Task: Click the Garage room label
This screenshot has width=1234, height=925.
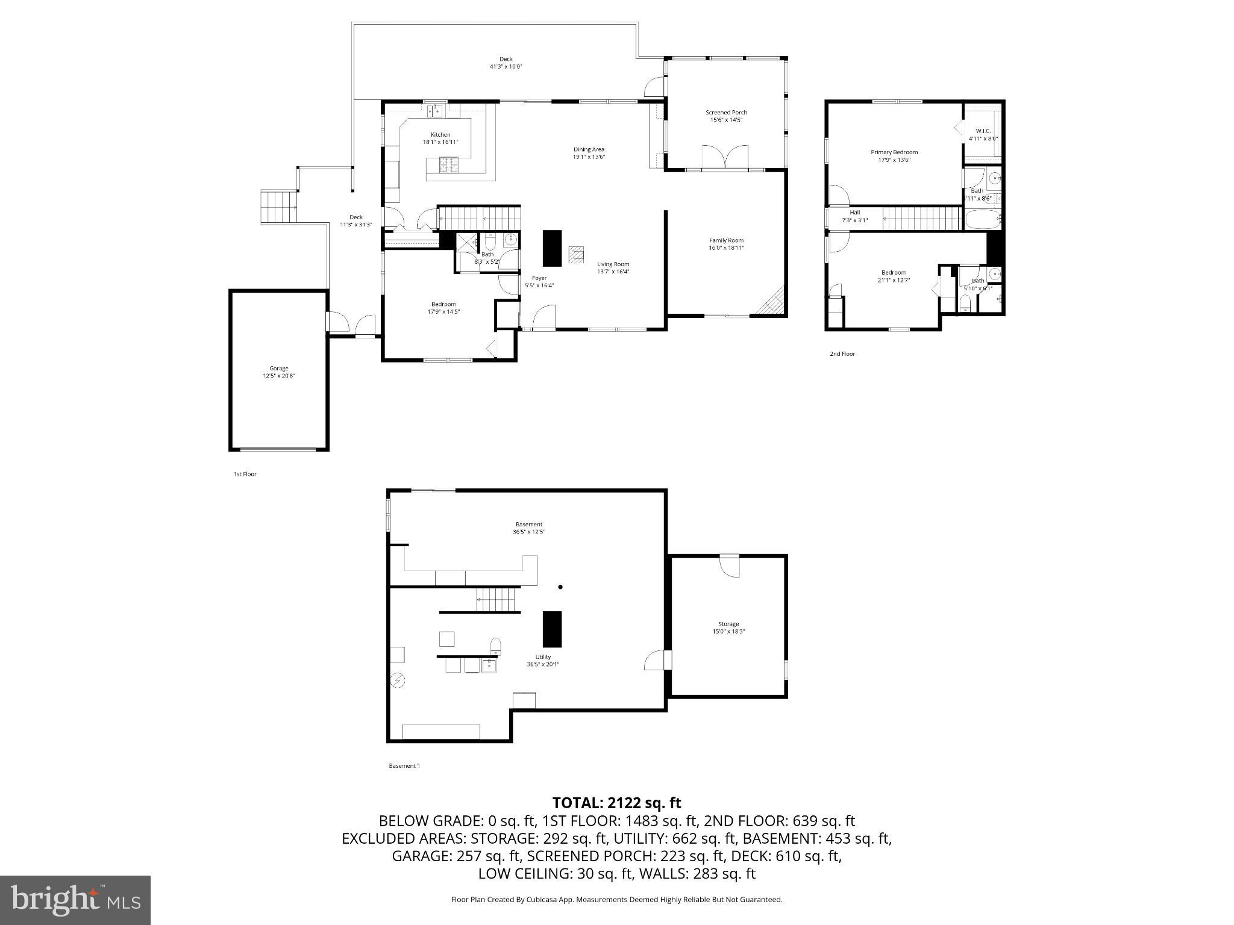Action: tap(278, 369)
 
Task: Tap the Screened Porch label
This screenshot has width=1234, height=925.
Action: tap(726, 113)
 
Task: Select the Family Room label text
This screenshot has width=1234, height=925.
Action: tap(726, 240)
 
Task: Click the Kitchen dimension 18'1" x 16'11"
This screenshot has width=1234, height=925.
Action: tap(440, 142)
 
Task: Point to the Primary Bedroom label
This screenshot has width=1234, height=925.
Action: tap(894, 152)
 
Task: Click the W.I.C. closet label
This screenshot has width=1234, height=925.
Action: tap(983, 131)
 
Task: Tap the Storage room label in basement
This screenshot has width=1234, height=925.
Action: tap(728, 624)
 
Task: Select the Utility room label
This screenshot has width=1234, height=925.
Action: tap(543, 657)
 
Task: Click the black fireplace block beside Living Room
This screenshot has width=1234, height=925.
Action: tap(552, 248)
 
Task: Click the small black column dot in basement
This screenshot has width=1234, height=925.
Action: tap(560, 587)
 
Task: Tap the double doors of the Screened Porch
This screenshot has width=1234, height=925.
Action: tap(725, 158)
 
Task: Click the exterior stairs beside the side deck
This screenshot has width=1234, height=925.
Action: tap(279, 207)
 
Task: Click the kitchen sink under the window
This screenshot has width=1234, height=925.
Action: tap(434, 111)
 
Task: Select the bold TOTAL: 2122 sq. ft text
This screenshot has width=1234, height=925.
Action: tap(616, 803)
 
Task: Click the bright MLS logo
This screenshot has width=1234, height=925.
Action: tap(75, 900)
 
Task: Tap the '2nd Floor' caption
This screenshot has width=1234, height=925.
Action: tap(842, 354)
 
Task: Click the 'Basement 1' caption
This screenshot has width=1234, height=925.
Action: tap(404, 766)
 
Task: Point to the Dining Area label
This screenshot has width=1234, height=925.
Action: tap(588, 149)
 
